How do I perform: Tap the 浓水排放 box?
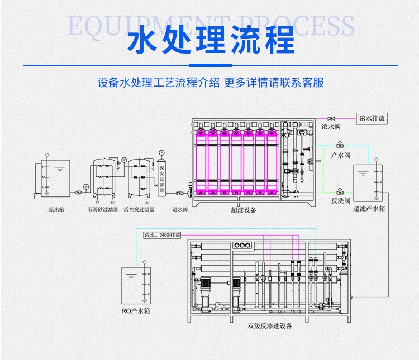[x=372, y=118]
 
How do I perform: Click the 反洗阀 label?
[x=340, y=200]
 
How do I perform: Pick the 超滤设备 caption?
[x=244, y=210]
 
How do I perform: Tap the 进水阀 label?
[x=180, y=209]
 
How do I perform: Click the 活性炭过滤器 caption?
[x=139, y=209]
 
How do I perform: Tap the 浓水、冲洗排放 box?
[x=163, y=235]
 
